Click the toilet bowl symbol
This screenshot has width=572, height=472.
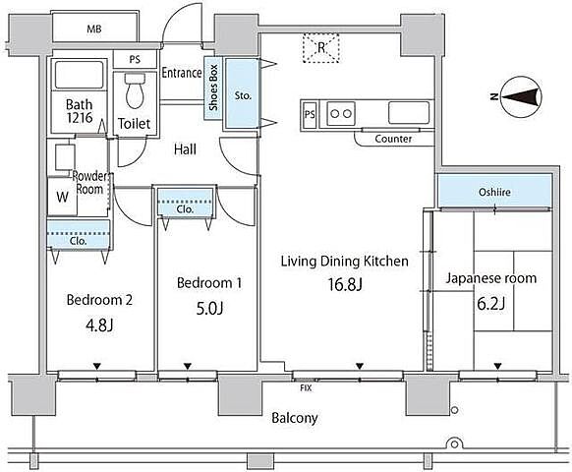pyautogui.click(x=135, y=90)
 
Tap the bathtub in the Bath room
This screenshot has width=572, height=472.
pyautogui.click(x=79, y=75)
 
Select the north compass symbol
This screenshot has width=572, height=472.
pyautogui.click(x=521, y=96)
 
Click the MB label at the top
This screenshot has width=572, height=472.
pyautogui.click(x=94, y=29)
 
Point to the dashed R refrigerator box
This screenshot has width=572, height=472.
pyautogui.click(x=321, y=48)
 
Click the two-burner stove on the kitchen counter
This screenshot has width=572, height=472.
pyautogui.click(x=341, y=113)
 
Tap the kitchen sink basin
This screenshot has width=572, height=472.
pyautogui.click(x=409, y=113)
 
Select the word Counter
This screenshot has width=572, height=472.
pyautogui.click(x=393, y=139)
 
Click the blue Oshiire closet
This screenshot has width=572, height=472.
pyautogui.click(x=494, y=192)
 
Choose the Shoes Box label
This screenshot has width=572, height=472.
pyautogui.click(x=213, y=88)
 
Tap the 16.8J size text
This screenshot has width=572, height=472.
pyautogui.click(x=345, y=285)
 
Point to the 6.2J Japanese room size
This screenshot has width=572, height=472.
pyautogui.click(x=491, y=303)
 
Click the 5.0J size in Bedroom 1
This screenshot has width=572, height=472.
pyautogui.click(x=209, y=309)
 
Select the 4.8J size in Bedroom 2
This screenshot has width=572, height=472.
pyautogui.click(x=99, y=324)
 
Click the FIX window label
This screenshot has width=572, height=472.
pyautogui.click(x=306, y=388)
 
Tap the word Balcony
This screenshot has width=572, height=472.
pyautogui.click(x=295, y=418)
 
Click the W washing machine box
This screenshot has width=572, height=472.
pyautogui.click(x=62, y=197)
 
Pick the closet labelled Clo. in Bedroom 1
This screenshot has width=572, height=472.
pyautogui.click(x=185, y=202)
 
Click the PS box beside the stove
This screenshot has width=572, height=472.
pyautogui.click(x=310, y=115)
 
